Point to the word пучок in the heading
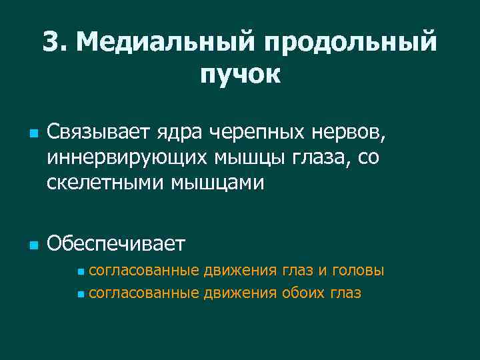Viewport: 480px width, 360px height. click(x=240, y=74)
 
